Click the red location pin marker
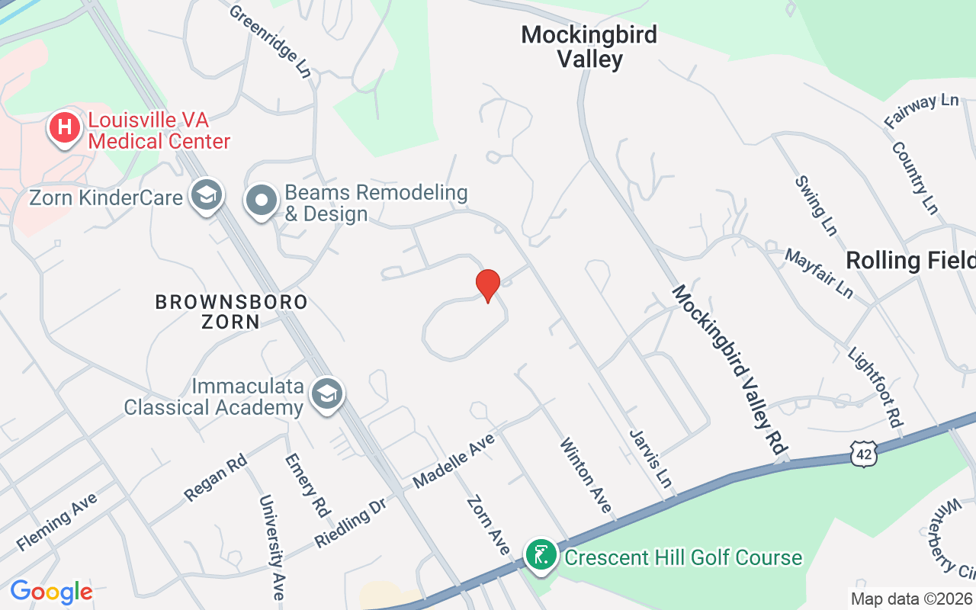[x=487, y=285]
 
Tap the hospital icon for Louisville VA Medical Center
[x=66, y=127]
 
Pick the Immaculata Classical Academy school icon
[x=328, y=394]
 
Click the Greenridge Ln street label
[x=270, y=41]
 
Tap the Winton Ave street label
[x=586, y=475]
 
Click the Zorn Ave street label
[x=488, y=525]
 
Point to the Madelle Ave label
[x=454, y=461]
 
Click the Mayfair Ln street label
[x=819, y=273]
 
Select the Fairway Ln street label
[x=921, y=111]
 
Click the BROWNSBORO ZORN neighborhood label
[x=231, y=311]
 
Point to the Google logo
[x=51, y=592]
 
